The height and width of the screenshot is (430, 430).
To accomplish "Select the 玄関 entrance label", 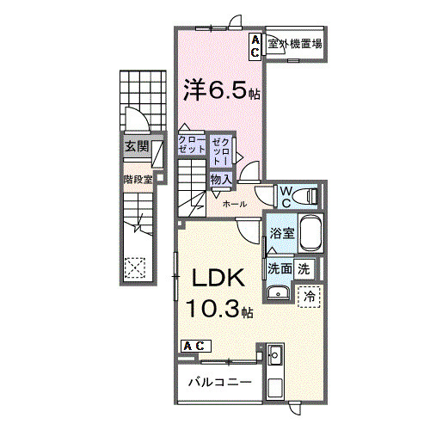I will point(136,147).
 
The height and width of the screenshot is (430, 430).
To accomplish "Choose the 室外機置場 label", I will point(294,45).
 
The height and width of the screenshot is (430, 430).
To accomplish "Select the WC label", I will point(286,193).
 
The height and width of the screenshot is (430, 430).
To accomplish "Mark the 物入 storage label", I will point(220,179).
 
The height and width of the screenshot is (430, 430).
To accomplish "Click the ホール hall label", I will point(235,204).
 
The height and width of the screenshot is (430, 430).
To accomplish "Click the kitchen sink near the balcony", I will point(275,355).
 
